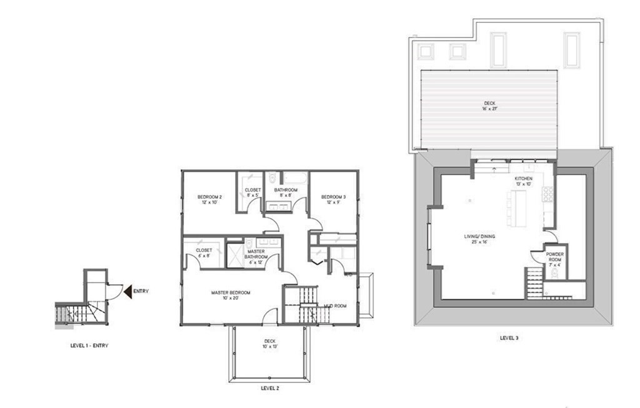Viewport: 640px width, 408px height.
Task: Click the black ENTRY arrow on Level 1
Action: coord(127,291)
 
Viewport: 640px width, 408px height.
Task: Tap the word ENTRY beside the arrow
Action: coord(141,291)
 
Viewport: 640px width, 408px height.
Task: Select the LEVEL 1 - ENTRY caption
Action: coord(91,345)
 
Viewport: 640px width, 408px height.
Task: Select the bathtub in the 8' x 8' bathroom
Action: coord(292,179)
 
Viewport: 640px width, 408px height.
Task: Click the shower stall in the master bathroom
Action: coord(235,256)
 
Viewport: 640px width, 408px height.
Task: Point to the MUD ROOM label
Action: coord(335,306)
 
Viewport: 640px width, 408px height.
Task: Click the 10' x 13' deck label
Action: coord(269,344)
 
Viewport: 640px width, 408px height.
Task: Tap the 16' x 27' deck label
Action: coord(490,106)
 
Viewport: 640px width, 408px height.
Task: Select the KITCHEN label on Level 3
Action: coord(523,182)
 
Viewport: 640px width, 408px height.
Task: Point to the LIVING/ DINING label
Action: coord(479,239)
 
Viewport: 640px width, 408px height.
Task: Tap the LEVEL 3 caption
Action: coord(509,337)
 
